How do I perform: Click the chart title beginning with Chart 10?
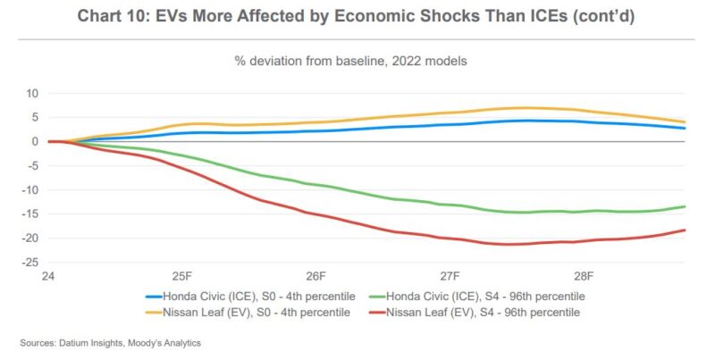tap(357, 17)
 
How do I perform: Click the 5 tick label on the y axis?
tap(33, 117)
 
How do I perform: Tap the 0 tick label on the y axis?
tap(33, 141)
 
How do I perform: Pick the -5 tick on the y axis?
tap(31, 165)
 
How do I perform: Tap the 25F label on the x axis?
tap(181, 277)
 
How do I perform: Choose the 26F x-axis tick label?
tap(315, 277)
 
